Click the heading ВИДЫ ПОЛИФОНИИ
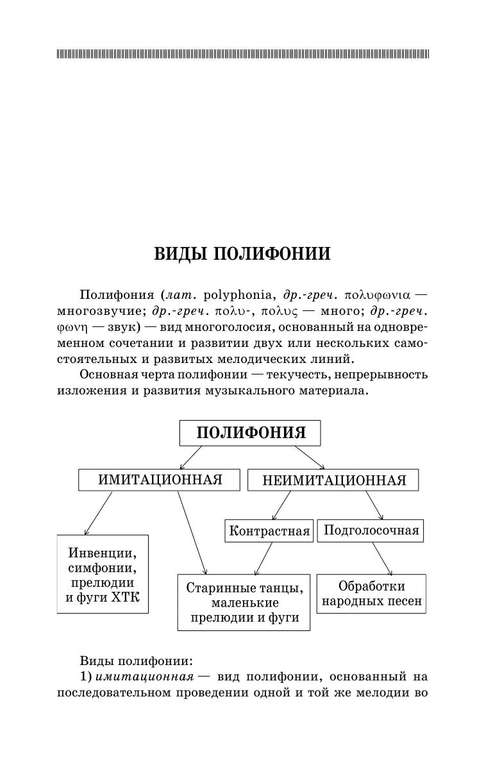(242, 254)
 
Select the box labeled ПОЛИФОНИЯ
(250, 433)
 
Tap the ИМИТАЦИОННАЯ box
(160, 480)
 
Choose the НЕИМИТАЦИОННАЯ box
(333, 480)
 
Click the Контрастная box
(269, 531)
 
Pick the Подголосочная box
(371, 530)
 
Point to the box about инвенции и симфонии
(103, 574)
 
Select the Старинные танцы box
(243, 602)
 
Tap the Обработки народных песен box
(371, 594)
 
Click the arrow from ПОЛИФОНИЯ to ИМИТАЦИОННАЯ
(191, 457)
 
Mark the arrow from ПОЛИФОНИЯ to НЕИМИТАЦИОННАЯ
(310, 457)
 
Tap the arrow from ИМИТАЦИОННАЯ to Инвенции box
(97, 513)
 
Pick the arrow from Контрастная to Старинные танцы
(263, 558)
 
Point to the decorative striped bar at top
(243, 54)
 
